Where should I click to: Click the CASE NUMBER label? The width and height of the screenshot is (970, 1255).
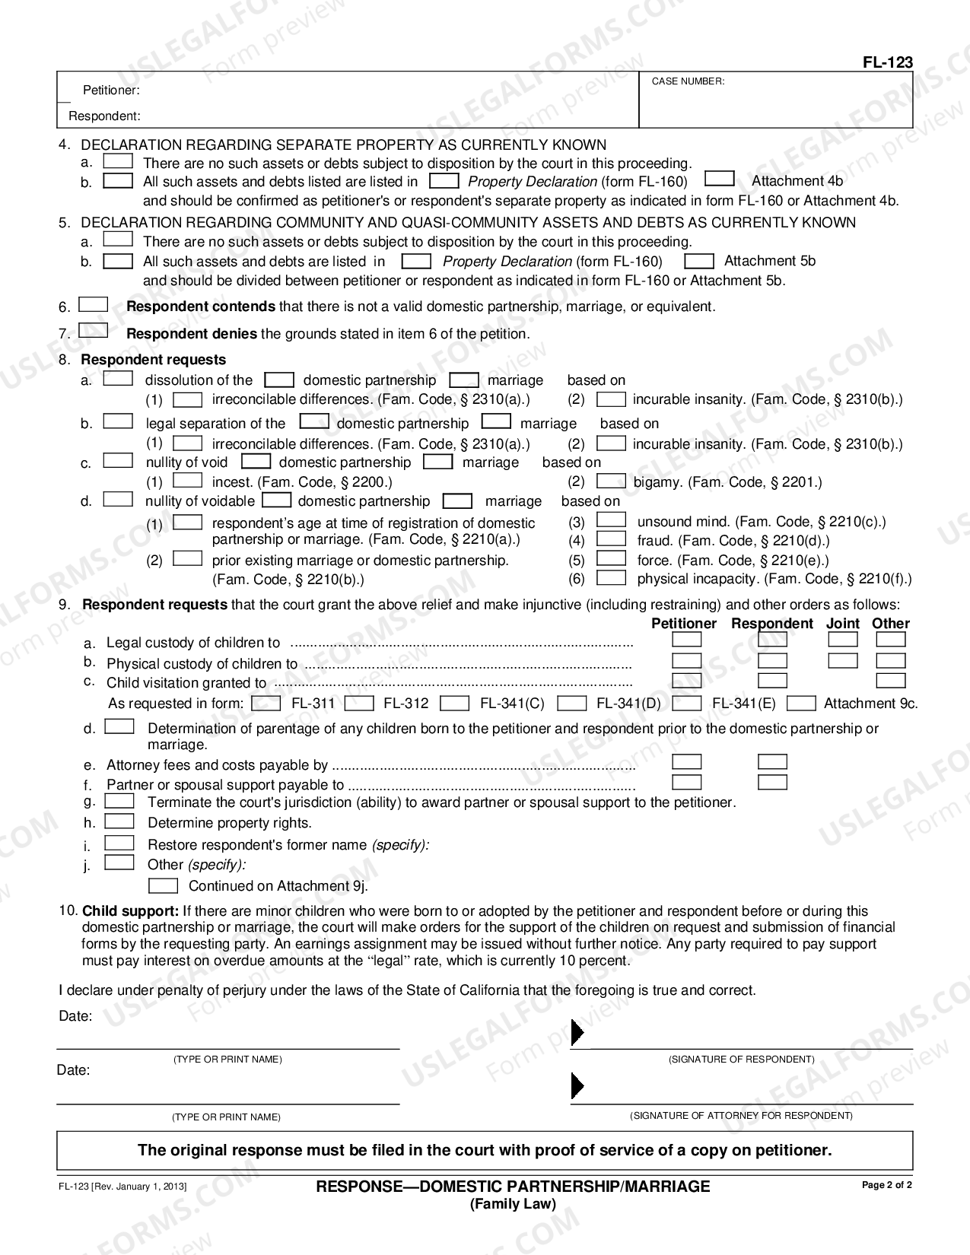point(688,81)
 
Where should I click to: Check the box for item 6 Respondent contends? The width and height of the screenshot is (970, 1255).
point(93,304)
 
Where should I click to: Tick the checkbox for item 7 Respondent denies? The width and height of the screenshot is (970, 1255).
point(93,331)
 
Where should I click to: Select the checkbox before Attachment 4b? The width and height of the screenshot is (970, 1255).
point(719,180)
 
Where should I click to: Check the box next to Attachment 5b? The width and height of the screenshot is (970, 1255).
point(698,261)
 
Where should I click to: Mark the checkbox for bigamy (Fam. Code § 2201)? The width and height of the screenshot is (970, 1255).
point(610,481)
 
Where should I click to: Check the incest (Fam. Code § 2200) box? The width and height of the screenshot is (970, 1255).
point(187,481)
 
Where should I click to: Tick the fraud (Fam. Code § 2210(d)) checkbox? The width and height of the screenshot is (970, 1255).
point(610,539)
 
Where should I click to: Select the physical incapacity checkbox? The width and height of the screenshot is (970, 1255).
point(610,578)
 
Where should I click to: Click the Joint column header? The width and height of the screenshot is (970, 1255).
point(843,624)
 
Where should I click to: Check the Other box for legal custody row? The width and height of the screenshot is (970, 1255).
point(890,640)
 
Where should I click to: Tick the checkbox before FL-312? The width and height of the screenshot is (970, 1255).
point(364,703)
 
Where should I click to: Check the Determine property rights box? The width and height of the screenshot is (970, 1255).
point(119,821)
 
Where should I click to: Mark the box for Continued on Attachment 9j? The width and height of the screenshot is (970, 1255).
point(163,885)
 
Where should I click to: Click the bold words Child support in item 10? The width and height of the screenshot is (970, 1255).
point(130,910)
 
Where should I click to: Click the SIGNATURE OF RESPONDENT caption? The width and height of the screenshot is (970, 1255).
point(741,1060)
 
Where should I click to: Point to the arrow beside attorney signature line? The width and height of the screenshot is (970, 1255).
point(577,1085)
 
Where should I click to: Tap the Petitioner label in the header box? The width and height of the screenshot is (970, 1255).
point(111,91)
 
